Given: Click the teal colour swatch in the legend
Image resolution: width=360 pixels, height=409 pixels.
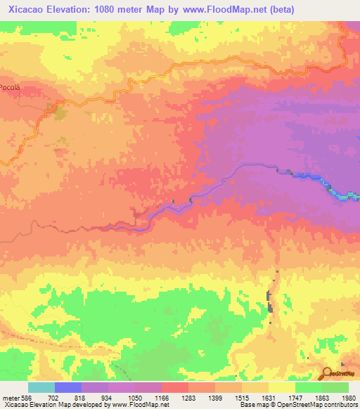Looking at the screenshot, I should (41, 387).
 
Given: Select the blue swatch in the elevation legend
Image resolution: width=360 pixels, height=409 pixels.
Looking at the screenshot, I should (68, 387).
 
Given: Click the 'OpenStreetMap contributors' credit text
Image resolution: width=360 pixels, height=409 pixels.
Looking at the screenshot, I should (321, 404).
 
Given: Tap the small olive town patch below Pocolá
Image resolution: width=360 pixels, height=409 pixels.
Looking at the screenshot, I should (58, 110).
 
